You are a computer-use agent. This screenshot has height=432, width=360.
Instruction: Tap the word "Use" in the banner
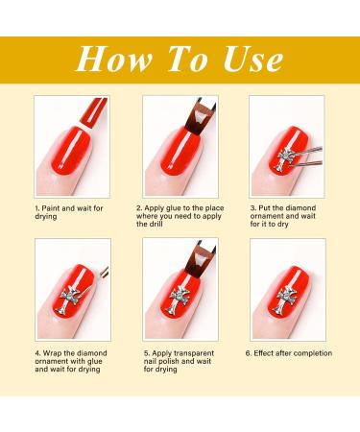tap(253, 60)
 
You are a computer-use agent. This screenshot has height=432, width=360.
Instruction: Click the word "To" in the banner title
tap(188, 59)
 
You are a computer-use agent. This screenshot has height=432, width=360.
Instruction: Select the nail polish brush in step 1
tap(93, 112)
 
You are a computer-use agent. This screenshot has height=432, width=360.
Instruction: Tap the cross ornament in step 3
tap(285, 160)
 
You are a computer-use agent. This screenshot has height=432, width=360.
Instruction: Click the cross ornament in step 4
tap(68, 300)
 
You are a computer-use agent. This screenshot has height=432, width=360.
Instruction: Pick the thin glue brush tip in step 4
tap(105, 272)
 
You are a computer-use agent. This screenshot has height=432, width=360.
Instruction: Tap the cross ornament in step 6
tap(286, 300)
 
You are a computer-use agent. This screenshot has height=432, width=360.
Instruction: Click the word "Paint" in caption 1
tap(51, 208)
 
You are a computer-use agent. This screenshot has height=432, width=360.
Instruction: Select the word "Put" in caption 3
tap(265, 208)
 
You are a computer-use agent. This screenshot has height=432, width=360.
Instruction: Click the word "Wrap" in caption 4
tap(52, 353)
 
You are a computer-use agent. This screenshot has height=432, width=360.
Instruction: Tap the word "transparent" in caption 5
tap(194, 353)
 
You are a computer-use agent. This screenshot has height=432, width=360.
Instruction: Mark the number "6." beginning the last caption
tap(249, 353)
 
